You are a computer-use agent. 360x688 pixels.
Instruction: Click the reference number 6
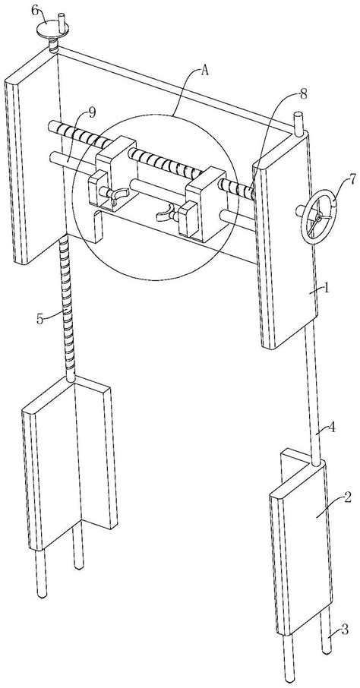point(35,11)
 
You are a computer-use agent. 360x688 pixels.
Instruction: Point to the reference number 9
point(91,112)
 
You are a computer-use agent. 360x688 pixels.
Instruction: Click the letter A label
point(204,71)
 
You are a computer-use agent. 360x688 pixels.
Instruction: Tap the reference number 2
point(347,497)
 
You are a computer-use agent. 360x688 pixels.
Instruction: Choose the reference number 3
point(346,630)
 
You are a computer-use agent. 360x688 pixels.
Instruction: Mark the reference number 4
point(333,427)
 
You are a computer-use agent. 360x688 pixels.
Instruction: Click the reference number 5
point(40,319)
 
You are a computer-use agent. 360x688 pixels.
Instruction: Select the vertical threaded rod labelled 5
point(69,307)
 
